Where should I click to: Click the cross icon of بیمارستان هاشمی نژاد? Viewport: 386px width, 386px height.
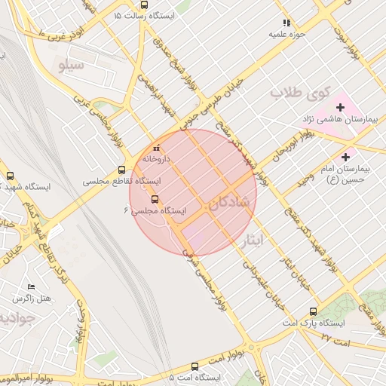coord(340,107)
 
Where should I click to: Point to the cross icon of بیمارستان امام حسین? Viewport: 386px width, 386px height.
coord(346,157)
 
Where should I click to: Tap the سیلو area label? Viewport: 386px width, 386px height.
coord(77,66)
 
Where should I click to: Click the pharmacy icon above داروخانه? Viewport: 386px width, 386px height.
coord(157,148)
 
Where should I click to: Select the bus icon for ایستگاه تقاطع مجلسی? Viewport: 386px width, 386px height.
coord(122,170)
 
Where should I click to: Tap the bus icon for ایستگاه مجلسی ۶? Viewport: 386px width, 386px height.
coord(155,199)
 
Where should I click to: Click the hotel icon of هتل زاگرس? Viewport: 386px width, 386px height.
coord(31,287)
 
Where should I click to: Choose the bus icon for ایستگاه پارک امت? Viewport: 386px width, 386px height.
coord(314,311)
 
